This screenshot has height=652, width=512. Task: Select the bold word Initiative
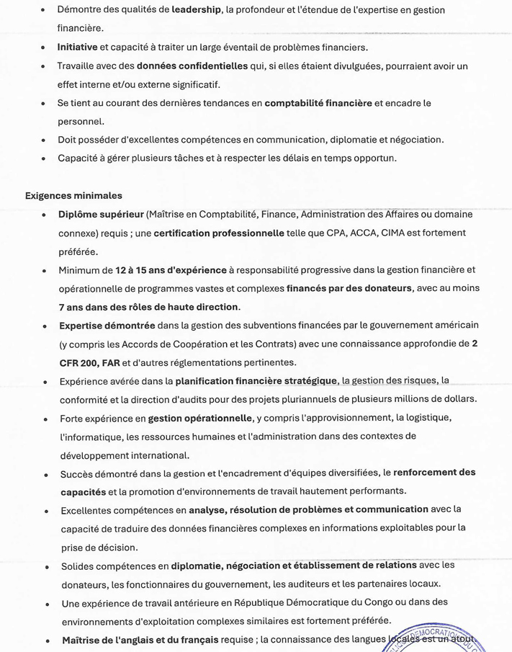click(78, 48)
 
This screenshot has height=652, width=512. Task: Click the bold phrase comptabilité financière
click(318, 103)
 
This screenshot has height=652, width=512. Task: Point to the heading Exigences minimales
click(73, 195)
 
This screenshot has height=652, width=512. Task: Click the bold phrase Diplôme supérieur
click(101, 215)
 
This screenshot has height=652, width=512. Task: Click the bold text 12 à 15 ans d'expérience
click(170, 270)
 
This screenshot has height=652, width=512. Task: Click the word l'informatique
click(86, 437)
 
